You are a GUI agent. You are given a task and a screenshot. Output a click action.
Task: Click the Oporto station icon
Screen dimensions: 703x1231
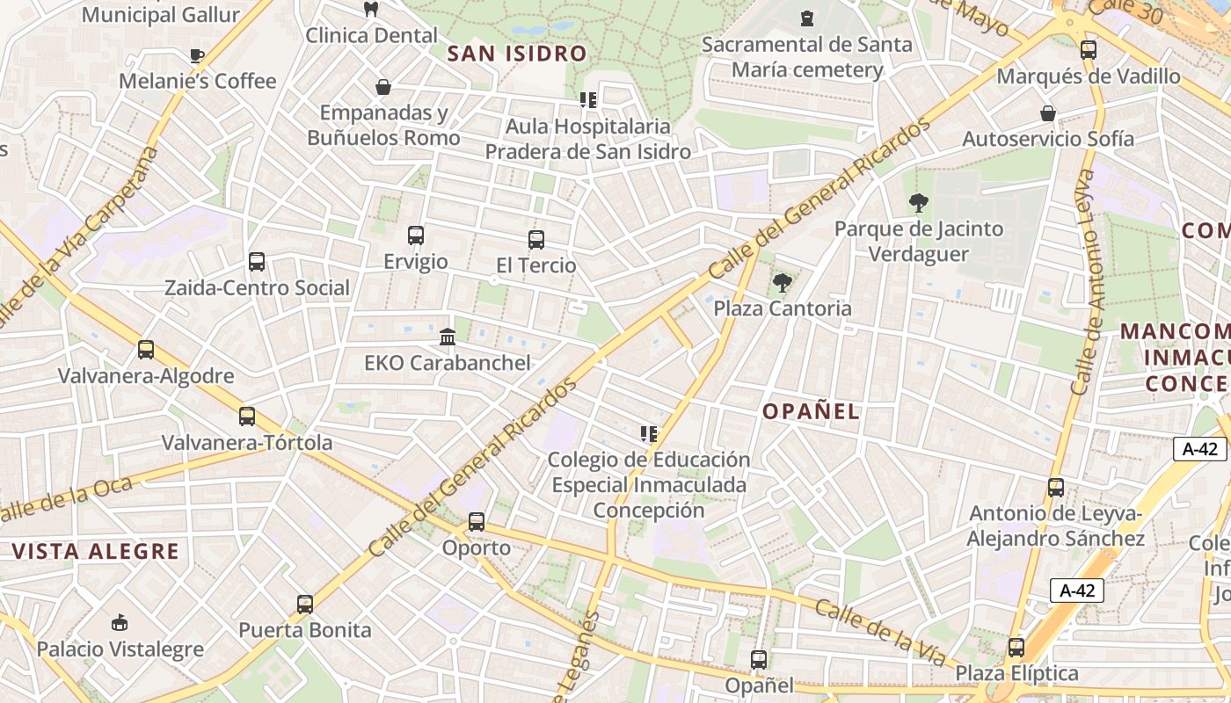point(476,521)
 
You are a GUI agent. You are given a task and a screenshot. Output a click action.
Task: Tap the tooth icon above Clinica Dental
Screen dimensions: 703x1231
point(370,10)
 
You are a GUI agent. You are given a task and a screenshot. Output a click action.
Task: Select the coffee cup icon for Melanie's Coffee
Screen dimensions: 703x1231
point(196,56)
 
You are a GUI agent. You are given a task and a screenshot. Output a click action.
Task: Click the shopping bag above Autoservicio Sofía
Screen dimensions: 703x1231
point(1047,113)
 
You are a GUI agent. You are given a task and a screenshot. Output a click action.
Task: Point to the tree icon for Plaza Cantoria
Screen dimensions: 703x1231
point(781,283)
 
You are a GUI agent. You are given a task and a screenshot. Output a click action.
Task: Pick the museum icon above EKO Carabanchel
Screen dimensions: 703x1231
point(447,337)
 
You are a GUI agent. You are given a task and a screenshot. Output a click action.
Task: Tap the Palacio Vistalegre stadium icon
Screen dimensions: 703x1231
point(120,623)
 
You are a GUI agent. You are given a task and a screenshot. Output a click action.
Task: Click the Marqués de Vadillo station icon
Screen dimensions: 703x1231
point(1088,50)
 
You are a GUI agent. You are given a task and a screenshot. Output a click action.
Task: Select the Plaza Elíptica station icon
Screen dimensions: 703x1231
point(1016,648)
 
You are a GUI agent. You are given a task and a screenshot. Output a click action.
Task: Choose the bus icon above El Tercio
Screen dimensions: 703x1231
point(535,239)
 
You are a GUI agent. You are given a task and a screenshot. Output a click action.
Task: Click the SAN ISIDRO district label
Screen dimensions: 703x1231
point(516,54)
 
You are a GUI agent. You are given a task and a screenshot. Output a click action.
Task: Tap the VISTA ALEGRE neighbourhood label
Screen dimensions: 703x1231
point(96,552)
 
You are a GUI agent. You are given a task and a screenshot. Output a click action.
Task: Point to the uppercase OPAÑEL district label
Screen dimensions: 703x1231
point(811,411)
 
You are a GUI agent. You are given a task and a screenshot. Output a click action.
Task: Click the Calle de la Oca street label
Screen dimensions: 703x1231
point(66,499)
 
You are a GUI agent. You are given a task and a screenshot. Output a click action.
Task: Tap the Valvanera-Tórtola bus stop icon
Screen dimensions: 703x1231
point(247,417)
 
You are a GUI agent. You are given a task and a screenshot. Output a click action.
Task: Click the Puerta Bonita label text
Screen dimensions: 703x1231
point(305,630)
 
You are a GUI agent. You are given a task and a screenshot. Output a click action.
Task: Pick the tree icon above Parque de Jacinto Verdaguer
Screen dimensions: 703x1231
point(918,203)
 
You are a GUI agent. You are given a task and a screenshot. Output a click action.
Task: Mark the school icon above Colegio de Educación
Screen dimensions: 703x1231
point(649,433)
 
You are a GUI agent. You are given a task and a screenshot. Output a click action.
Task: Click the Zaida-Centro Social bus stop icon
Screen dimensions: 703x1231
point(256,262)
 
